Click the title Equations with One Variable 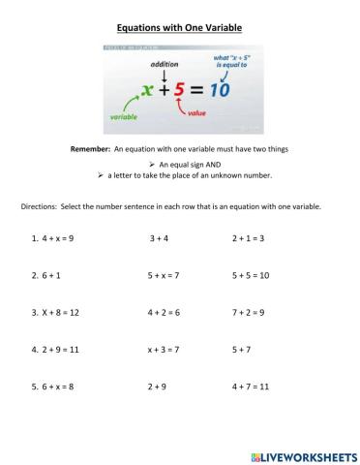point(180,28)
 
